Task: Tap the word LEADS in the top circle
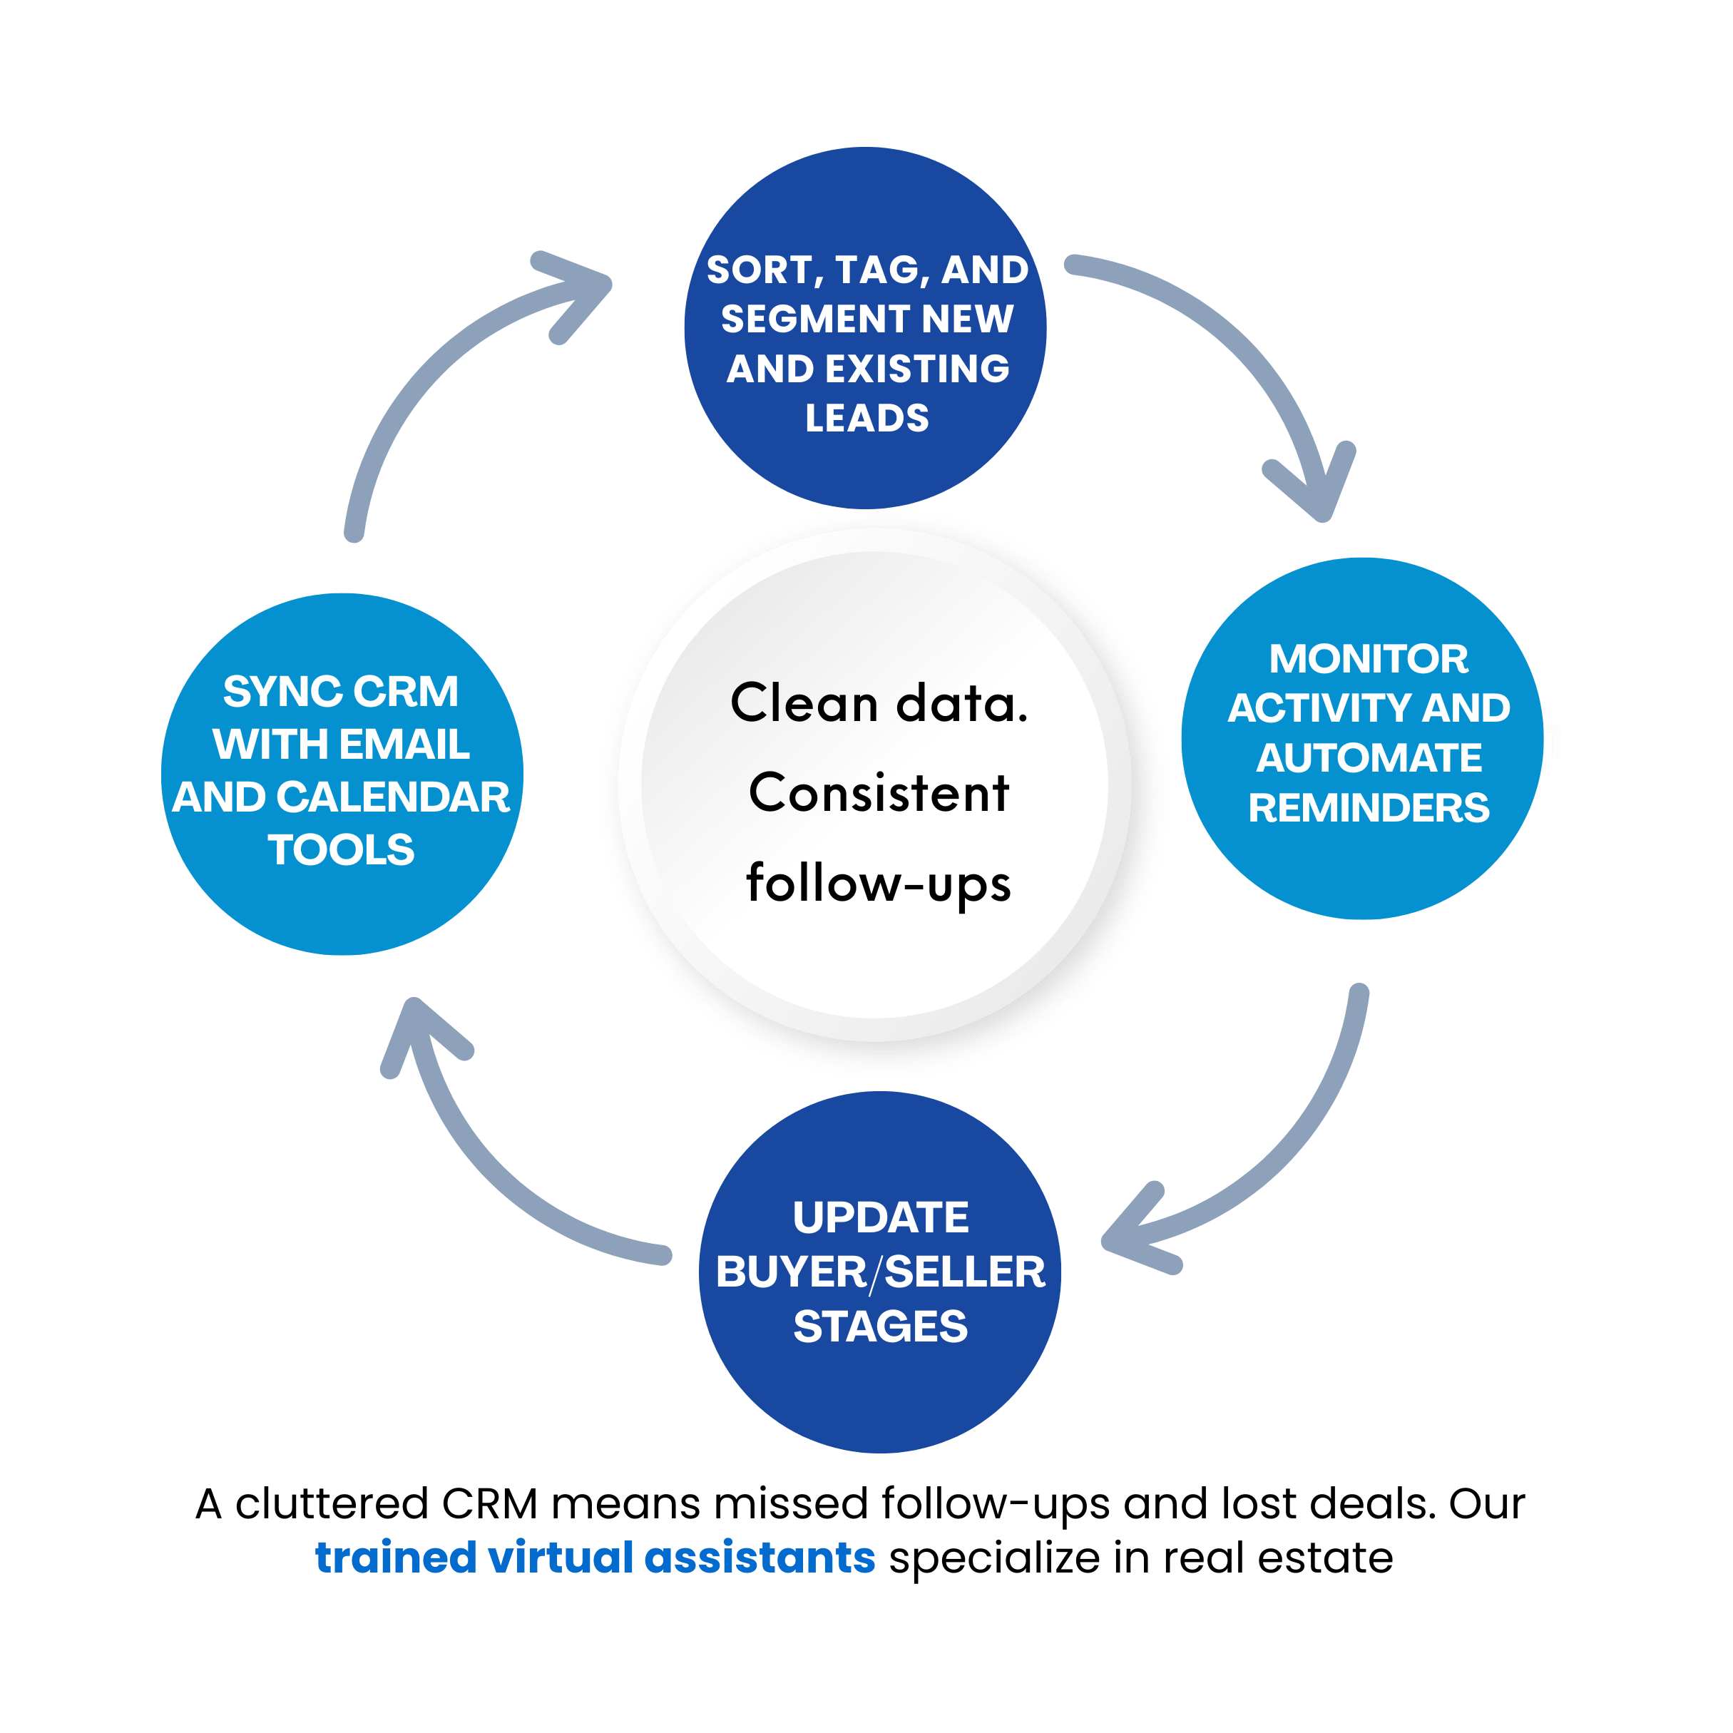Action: click(x=866, y=418)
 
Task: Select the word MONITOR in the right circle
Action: click(x=1368, y=659)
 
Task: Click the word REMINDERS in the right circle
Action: click(x=1369, y=808)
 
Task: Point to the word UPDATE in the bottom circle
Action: click(x=880, y=1218)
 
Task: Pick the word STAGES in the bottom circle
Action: click(x=880, y=1326)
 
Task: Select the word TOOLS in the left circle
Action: click(x=341, y=849)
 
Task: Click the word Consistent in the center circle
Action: click(x=879, y=793)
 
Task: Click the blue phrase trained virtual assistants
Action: click(x=595, y=1558)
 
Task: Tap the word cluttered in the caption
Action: click(x=331, y=1503)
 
